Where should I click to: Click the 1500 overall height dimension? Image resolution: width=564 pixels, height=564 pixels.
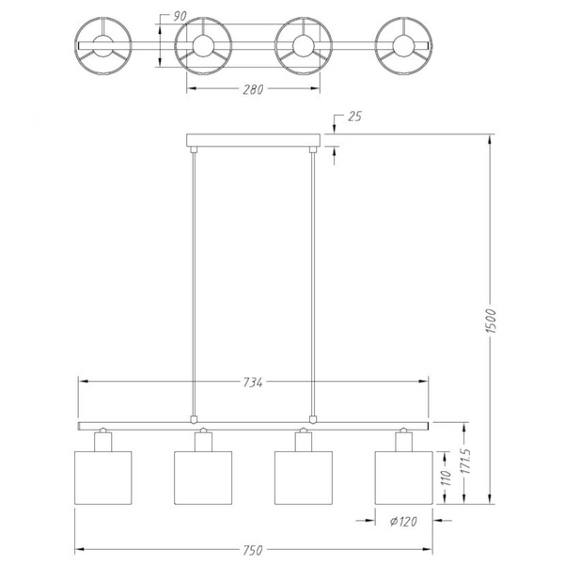(492, 321)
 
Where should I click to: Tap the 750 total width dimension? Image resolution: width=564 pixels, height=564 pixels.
(253, 550)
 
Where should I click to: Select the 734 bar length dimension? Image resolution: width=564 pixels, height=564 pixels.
(253, 382)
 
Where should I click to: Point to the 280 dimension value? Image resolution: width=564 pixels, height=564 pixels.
(253, 89)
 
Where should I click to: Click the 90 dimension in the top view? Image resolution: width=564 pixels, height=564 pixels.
(180, 16)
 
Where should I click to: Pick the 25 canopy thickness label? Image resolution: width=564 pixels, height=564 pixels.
(354, 117)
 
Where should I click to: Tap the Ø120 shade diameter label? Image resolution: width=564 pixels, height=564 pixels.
(403, 521)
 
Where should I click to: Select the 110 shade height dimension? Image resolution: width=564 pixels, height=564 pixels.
(446, 478)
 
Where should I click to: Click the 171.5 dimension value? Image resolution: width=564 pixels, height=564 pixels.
(466, 461)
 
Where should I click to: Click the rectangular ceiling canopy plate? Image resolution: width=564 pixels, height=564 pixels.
(253, 140)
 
